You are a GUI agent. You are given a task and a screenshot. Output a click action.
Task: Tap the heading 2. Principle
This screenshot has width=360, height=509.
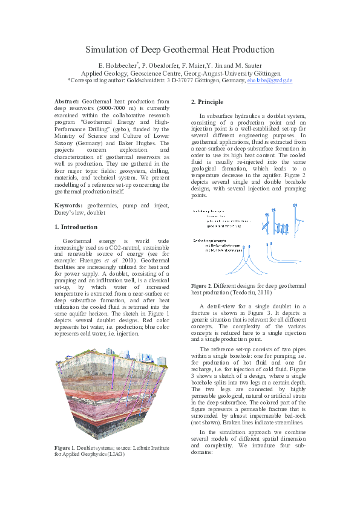point(207,102)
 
